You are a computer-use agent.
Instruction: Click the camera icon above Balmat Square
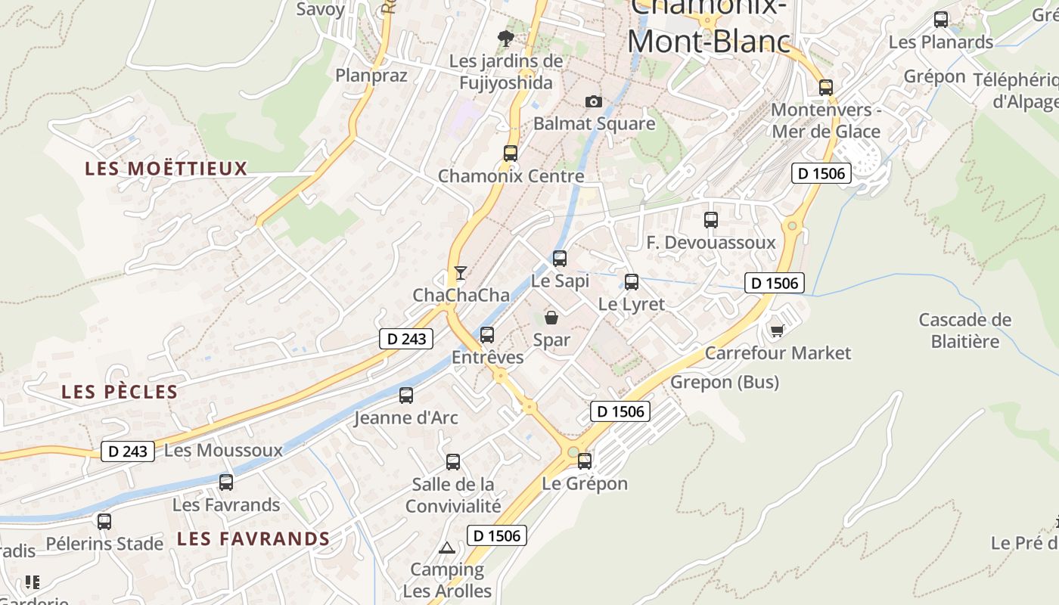coord(594,101)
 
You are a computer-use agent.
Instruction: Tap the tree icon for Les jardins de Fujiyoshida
coord(506,38)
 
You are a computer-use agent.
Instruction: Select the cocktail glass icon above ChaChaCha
coord(461,272)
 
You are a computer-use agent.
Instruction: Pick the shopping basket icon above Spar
coord(551,318)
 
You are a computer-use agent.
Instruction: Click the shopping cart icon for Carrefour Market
coord(777,330)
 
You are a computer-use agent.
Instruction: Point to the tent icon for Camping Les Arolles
coord(447,548)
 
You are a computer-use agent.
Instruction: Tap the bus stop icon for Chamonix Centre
coord(511,154)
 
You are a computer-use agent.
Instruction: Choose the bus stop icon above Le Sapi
coord(560,259)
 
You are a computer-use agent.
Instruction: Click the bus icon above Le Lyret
coord(632,282)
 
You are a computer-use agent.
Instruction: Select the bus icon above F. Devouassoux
coord(711,220)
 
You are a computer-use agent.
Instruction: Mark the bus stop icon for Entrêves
coord(487,334)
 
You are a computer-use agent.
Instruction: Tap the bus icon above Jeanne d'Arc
coord(406,395)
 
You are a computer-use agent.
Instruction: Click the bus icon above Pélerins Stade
coord(104,521)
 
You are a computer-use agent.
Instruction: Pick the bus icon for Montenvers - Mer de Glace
coord(826,88)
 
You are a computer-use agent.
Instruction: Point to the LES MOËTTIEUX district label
coord(166,169)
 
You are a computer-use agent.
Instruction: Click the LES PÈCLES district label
coord(120,392)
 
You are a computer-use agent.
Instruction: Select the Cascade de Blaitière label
coord(964,330)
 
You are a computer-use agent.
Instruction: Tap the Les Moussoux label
coord(223,451)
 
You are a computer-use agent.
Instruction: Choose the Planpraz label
coord(371,76)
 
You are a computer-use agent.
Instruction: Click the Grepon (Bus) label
coord(725,383)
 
